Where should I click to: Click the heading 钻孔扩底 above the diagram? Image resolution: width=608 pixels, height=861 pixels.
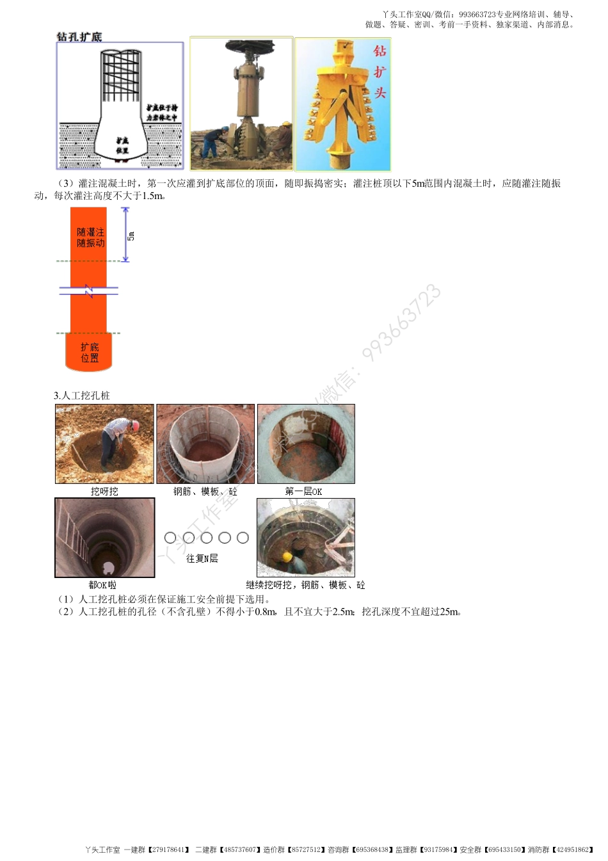[x=79, y=37]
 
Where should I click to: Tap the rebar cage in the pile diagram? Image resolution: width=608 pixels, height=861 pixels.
[x=121, y=76]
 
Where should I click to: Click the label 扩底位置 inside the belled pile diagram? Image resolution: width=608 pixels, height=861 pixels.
[x=122, y=145]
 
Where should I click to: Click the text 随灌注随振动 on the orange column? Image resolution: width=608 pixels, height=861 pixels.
[x=90, y=237]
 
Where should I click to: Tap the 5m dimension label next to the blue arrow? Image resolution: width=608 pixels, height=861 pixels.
[x=131, y=236]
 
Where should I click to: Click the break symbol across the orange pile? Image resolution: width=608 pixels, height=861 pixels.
[x=89, y=291]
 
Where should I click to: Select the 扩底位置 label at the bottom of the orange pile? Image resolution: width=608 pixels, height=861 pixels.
[x=90, y=353]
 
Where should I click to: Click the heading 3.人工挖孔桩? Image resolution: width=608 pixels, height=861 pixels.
[x=82, y=396]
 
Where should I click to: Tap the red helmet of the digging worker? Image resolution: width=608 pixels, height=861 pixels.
[x=134, y=425]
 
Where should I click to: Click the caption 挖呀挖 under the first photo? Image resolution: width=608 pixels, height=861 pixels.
[x=104, y=492]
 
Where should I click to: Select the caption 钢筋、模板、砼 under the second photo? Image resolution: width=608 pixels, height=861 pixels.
[x=205, y=492]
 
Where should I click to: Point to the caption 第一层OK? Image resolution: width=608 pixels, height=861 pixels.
[x=303, y=492]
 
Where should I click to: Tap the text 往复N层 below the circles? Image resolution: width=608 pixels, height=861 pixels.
[x=202, y=558]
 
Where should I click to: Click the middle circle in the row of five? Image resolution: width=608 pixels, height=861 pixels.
[x=206, y=538]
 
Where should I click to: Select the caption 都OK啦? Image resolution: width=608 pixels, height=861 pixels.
[x=102, y=585]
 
